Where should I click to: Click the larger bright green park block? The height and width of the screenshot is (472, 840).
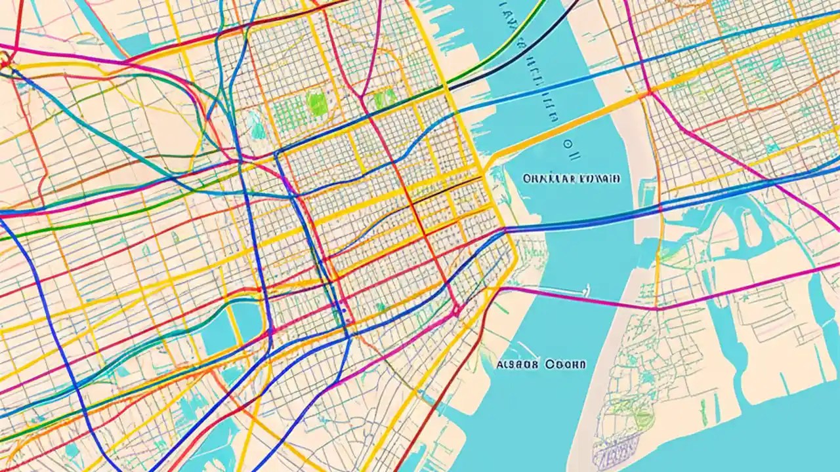(x=317, y=104)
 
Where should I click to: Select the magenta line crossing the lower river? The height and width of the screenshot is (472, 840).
(x=577, y=298)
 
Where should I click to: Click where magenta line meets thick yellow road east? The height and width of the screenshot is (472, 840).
(x=649, y=92)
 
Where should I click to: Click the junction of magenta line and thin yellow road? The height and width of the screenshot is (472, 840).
(x=656, y=306)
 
